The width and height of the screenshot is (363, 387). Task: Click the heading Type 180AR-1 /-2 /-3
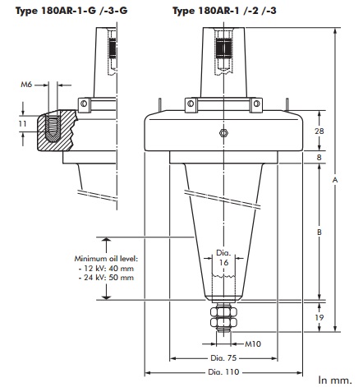(227, 11)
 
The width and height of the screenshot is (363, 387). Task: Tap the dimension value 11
(23, 123)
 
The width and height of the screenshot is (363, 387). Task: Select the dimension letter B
(319, 233)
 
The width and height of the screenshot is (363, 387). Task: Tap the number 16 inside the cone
(223, 261)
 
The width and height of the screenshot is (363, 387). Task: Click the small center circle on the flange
(222, 134)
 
